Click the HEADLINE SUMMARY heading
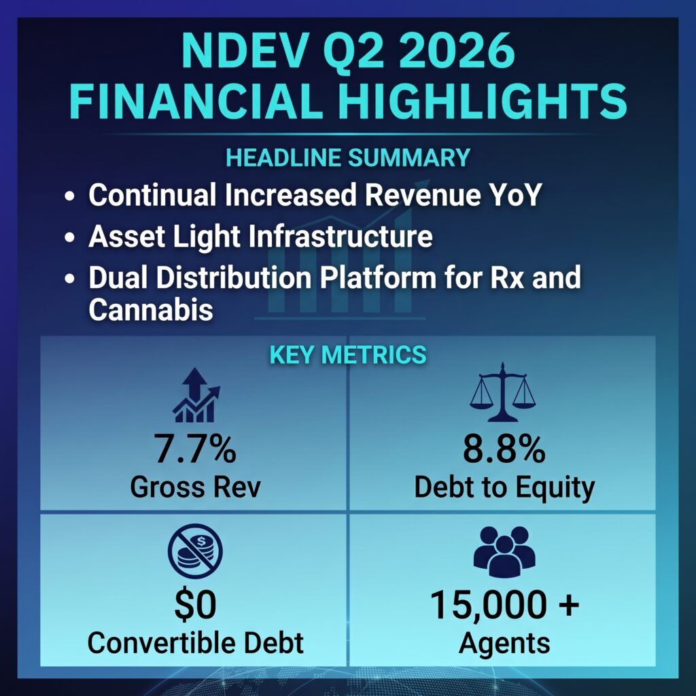[348, 158]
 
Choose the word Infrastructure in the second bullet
[341, 236]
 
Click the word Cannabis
[151, 309]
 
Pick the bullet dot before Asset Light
[70, 237]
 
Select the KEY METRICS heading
[348, 355]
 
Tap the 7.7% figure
[195, 449]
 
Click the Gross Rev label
[195, 487]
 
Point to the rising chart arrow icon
[196, 395]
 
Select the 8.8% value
[504, 449]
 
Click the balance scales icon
[503, 392]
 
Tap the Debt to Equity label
[504, 488]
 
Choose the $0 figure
[195, 604]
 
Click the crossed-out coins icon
[195, 551]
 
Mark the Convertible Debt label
[195, 642]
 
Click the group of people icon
[504, 551]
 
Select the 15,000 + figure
[505, 604]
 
